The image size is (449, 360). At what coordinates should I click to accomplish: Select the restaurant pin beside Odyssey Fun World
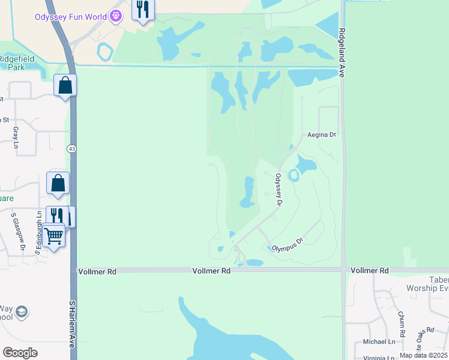tap(142, 10)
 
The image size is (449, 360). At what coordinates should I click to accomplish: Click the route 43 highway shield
tap(71, 148)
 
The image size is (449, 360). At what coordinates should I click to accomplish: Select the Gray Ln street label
tap(16, 137)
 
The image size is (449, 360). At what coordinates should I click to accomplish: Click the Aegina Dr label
tap(321, 135)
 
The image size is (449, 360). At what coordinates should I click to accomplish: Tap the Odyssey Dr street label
tap(279, 190)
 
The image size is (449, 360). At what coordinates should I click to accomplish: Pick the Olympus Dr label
tap(289, 244)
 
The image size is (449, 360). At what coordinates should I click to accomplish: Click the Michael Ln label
tap(379, 342)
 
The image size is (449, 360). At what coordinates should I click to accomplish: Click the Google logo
tap(20, 352)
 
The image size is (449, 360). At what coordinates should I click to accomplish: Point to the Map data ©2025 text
tap(423, 355)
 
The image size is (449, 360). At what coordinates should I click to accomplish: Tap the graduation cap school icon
tap(22, 312)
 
